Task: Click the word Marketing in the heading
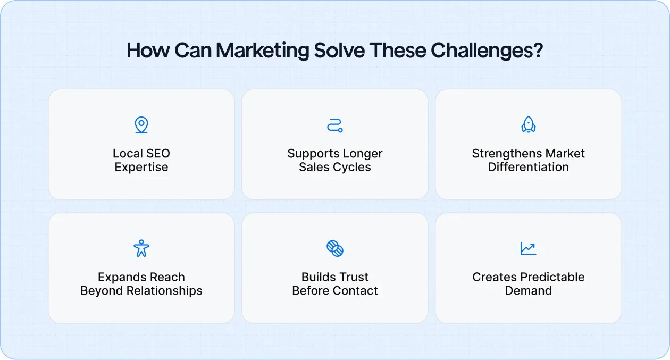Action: point(262,51)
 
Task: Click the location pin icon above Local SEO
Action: point(141,125)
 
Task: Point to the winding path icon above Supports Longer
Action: point(335,125)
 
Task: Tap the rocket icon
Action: point(529,125)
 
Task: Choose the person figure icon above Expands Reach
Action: point(141,248)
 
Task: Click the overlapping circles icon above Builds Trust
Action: point(335,248)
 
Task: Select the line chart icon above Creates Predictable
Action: point(529,248)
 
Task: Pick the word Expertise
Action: point(141,167)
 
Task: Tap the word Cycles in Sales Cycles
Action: point(353,167)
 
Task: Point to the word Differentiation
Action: point(529,167)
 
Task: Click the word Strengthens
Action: point(503,154)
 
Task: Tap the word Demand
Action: point(529,291)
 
